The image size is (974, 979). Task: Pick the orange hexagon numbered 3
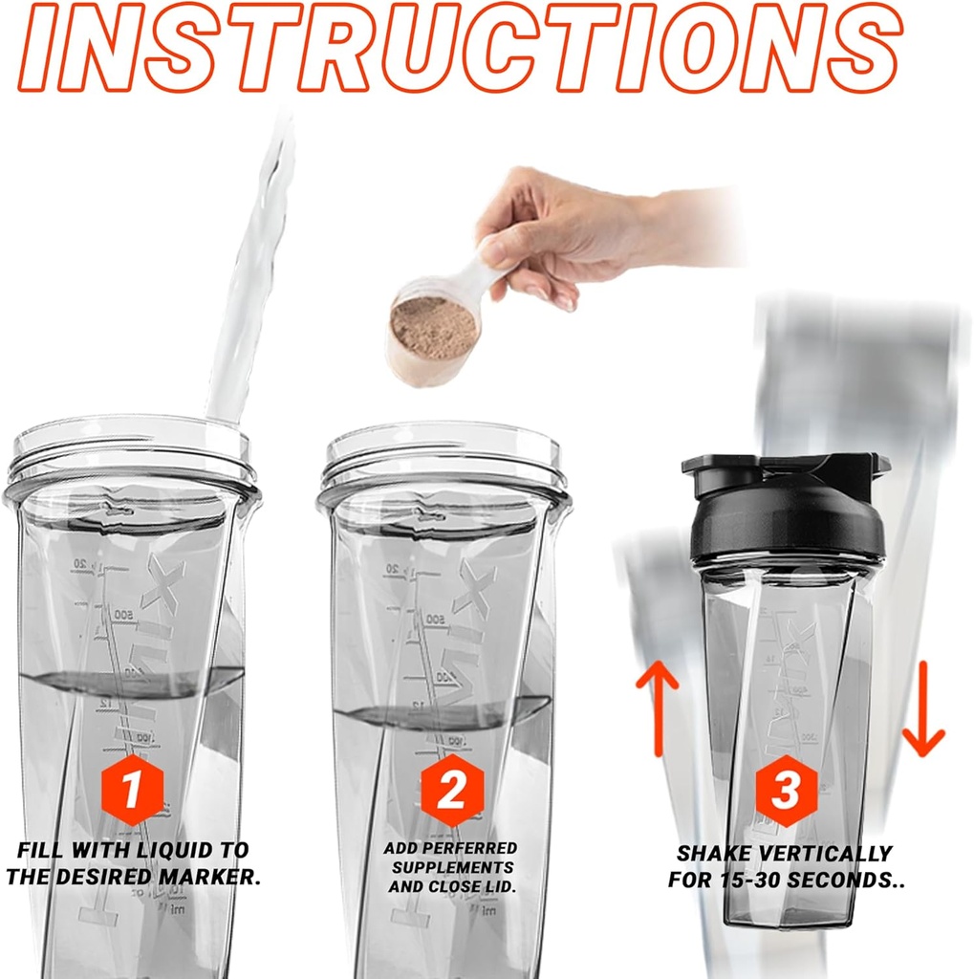tap(786, 791)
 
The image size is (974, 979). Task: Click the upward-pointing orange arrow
tap(657, 707)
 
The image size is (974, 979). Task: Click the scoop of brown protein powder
tap(434, 328)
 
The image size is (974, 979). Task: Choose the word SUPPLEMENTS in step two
tap(451, 867)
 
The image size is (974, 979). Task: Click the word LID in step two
tap(502, 886)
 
